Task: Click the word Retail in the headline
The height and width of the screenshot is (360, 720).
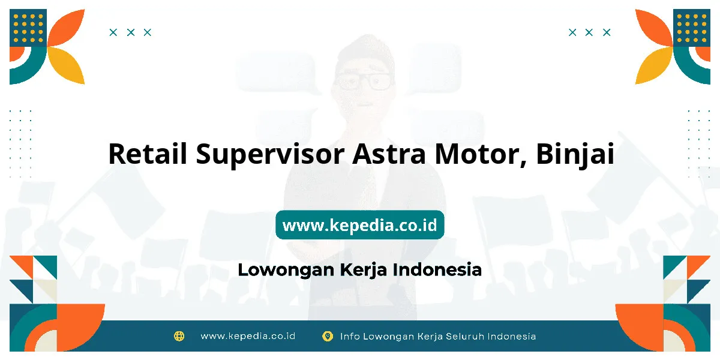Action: (148, 154)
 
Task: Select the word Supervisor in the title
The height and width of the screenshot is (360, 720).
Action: (271, 155)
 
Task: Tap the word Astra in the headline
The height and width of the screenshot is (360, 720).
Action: (389, 154)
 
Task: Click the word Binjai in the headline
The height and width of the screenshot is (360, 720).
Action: (575, 155)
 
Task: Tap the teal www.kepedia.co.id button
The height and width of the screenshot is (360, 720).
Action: (360, 224)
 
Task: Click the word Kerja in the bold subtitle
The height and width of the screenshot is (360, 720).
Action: (364, 270)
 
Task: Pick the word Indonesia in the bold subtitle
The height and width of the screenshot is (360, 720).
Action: (437, 269)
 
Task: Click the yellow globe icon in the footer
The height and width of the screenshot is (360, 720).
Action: (179, 336)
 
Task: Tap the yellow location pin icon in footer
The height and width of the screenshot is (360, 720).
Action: (328, 336)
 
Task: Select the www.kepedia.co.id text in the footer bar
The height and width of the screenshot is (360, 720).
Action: (248, 336)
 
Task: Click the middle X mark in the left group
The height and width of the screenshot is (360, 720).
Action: (131, 32)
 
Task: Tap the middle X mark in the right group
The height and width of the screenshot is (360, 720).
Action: (589, 32)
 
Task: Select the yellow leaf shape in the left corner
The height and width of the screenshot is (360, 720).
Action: (67, 65)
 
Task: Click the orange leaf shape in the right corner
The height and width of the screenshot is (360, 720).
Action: (653, 28)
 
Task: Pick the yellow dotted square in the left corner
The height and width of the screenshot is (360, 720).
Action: (28, 28)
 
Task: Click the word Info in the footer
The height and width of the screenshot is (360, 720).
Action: (350, 336)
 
